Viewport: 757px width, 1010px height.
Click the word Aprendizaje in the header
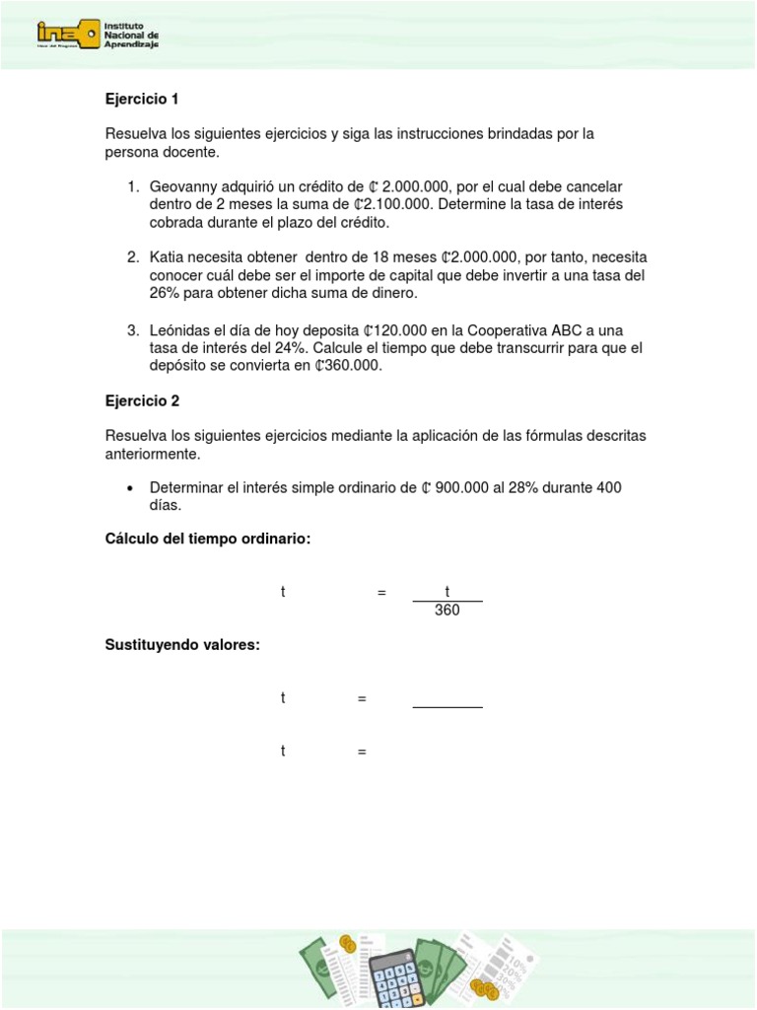coord(131,44)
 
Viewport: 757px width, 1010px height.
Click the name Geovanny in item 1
coord(183,186)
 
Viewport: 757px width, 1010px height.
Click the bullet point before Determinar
coord(130,488)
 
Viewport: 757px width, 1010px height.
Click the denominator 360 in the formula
coord(447,610)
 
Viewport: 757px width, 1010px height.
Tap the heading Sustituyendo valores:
coord(181,645)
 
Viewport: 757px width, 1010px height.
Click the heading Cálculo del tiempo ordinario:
coord(207,538)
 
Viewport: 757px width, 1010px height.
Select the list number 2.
coord(131,257)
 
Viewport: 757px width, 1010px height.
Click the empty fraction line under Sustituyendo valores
coord(447,707)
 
